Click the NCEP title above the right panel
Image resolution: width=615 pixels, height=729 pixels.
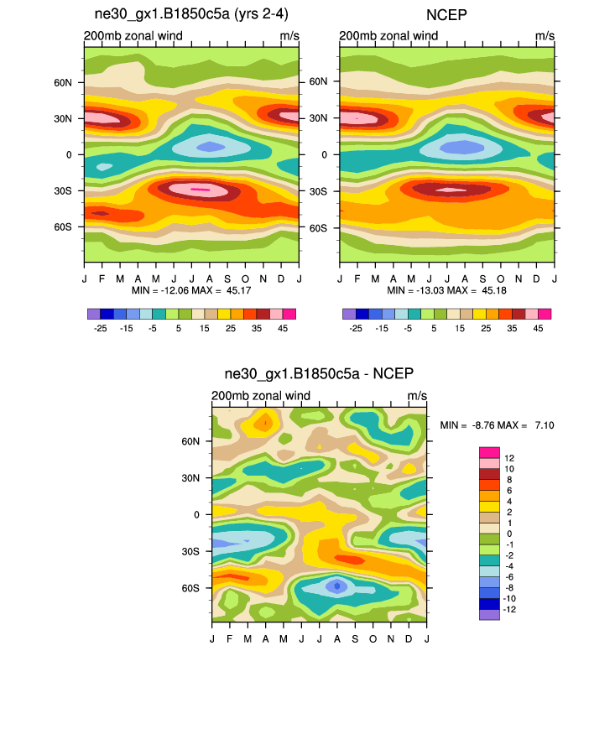coord(446,16)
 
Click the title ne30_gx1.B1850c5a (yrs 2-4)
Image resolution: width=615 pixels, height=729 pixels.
coord(190,16)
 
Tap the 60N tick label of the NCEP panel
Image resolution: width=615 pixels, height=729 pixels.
coord(319,82)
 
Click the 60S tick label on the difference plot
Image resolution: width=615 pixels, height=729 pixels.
coord(191,587)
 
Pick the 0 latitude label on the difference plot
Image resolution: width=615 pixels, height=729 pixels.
coord(196,514)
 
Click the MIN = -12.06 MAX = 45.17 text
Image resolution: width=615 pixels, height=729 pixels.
coord(192,290)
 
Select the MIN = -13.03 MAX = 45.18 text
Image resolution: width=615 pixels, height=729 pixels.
coord(447,290)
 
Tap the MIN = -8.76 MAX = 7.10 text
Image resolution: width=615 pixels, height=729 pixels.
coord(497,425)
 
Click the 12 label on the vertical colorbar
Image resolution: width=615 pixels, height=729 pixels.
coord(509,458)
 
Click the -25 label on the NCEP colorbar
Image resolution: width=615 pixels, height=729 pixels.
coord(356,329)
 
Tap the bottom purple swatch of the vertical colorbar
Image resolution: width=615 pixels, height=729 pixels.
coord(489,614)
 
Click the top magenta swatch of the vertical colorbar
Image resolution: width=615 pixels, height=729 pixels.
coord(489,453)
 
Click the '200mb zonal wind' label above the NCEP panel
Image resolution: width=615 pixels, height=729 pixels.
coord(388,36)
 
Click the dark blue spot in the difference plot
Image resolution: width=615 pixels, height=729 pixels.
coord(336,586)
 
